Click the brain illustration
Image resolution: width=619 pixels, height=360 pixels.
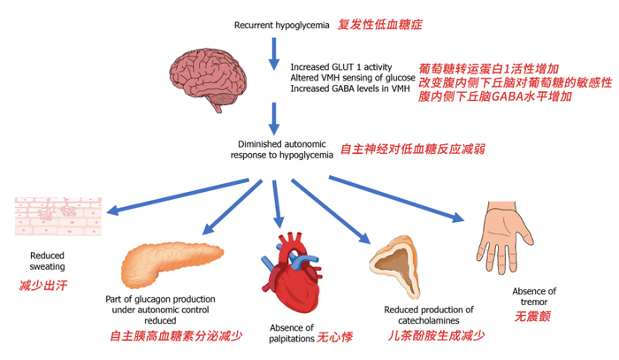point(208,79)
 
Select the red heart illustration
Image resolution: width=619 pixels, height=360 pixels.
point(292,272)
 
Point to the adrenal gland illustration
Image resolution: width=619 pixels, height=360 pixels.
point(394,266)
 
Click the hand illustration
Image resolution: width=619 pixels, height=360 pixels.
point(503,236)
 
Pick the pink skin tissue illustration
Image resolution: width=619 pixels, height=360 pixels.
point(58,217)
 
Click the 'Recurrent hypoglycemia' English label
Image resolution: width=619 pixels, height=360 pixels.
point(281,26)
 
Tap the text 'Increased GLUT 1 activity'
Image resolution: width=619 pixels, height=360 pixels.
point(341,67)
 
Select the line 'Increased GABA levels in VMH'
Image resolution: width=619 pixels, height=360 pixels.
point(350,88)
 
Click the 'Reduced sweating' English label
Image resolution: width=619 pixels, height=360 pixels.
point(48,261)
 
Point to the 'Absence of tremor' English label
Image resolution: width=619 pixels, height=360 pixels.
point(534,296)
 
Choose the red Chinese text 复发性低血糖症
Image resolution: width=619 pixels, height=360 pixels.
point(379,25)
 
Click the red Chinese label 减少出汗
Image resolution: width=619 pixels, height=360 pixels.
point(43,285)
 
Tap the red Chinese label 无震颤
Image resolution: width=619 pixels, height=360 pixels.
point(532,316)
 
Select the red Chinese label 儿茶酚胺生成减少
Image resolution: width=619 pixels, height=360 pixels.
point(436,335)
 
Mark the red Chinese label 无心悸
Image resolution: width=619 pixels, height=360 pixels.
point(335,337)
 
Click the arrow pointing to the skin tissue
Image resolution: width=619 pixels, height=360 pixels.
point(178,196)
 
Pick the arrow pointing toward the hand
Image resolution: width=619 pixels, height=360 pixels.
point(396,199)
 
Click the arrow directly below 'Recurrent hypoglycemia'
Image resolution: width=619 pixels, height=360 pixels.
point(273,54)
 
